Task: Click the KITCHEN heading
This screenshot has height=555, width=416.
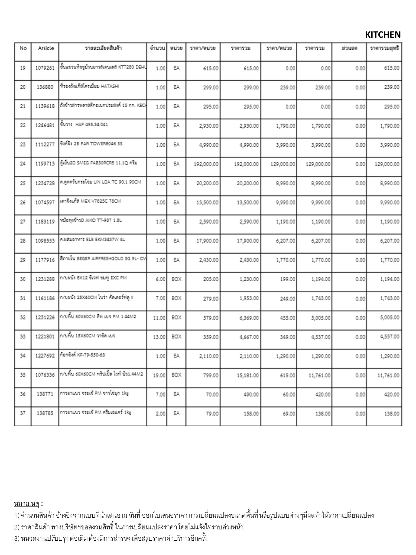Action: pyautogui.click(x=383, y=35)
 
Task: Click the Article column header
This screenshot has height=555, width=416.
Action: pyautogui.click(x=46, y=48)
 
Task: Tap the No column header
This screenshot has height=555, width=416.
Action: pyautogui.click(x=23, y=48)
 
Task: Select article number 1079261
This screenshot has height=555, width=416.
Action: pyautogui.click(x=45, y=68)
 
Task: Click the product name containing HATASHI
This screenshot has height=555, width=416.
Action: pyautogui.click(x=89, y=86)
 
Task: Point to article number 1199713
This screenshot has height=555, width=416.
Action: pyautogui.click(x=45, y=164)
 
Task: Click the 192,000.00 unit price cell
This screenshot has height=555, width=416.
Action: pyautogui.click(x=206, y=164)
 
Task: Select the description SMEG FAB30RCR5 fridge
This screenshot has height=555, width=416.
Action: pyautogui.click(x=99, y=163)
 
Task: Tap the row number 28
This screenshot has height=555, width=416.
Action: pyautogui.click(x=23, y=241)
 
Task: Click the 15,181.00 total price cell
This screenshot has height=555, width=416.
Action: pyautogui.click(x=248, y=376)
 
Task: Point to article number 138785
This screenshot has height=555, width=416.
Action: pyautogui.click(x=45, y=414)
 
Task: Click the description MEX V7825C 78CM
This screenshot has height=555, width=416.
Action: pyautogui.click(x=90, y=202)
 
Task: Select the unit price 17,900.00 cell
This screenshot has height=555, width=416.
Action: pyautogui.click(x=207, y=241)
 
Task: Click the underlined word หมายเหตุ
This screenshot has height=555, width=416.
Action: pyautogui.click(x=27, y=504)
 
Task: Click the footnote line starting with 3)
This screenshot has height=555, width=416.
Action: pyautogui.click(x=111, y=538)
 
